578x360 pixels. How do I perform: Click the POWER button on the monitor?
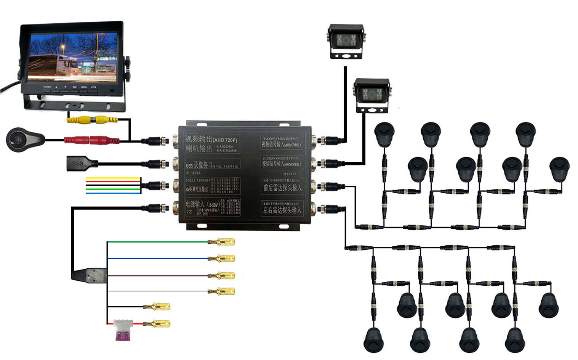coord(47,90)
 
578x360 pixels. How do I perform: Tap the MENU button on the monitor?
coord(84,90)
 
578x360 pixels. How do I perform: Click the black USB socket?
coord(78,163)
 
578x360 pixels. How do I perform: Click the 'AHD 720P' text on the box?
coord(225,140)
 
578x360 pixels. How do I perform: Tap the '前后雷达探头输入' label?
coord(282,188)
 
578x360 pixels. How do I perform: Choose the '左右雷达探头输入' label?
coord(282,210)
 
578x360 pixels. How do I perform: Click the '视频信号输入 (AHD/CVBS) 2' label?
coord(282,164)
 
